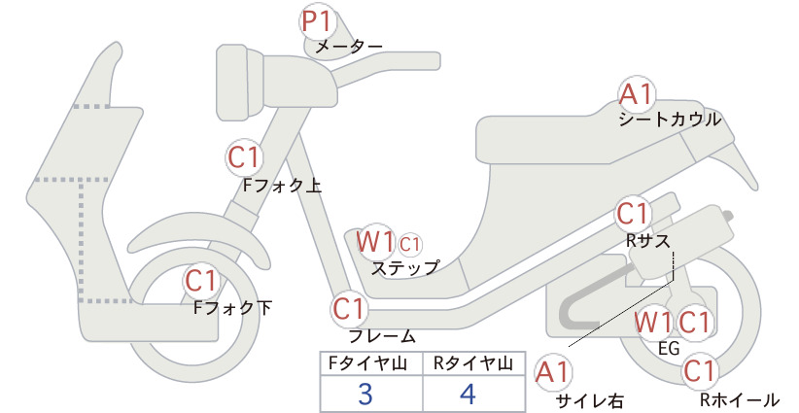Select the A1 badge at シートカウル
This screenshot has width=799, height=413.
[638, 95]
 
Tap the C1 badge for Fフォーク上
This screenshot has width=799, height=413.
[244, 156]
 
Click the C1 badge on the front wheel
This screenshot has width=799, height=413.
[201, 282]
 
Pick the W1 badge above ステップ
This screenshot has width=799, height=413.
[374, 240]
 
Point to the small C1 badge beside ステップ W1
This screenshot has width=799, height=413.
[409, 243]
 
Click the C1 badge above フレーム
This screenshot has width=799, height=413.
[349, 309]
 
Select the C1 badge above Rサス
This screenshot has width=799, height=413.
[633, 213]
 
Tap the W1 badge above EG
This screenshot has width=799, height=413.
[653, 322]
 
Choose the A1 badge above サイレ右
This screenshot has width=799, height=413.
[555, 371]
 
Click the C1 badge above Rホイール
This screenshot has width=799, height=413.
[699, 370]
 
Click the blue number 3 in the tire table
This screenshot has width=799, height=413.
[366, 395]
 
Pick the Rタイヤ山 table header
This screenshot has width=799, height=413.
[472, 363]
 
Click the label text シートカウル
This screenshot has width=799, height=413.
[670, 120]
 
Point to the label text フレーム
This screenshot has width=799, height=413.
[382, 336]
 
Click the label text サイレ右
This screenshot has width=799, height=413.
[588, 400]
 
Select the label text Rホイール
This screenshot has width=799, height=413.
[739, 399]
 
